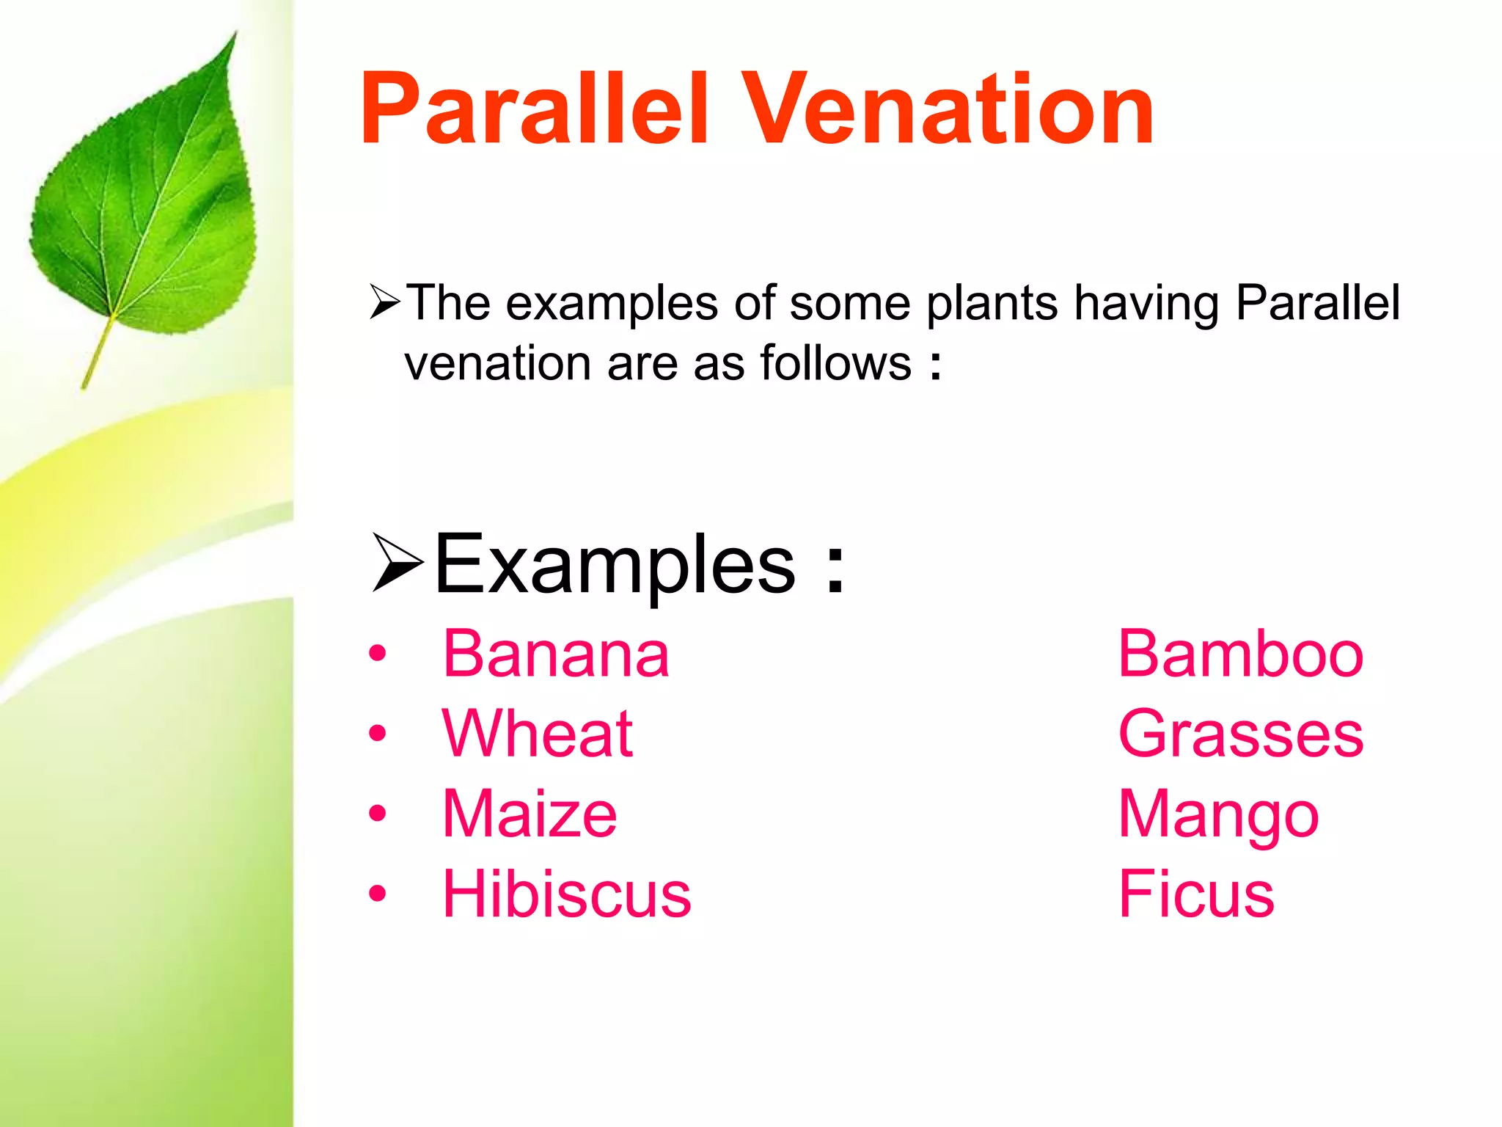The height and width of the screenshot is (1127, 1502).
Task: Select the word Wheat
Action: (538, 734)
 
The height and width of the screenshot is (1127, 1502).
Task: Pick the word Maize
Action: (530, 814)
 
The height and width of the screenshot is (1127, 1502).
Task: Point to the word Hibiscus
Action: (566, 894)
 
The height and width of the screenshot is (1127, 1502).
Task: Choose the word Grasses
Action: (1240, 734)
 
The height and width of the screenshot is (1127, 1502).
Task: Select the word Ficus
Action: (1196, 894)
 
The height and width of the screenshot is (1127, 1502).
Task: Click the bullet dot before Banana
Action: (377, 653)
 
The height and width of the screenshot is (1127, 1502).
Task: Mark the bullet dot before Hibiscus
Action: (377, 894)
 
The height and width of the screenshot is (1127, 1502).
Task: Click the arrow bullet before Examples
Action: (397, 563)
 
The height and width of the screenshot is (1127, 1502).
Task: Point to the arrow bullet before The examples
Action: (385, 302)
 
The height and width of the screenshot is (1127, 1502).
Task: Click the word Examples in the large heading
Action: (615, 565)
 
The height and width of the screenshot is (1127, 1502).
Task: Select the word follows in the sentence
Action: (835, 363)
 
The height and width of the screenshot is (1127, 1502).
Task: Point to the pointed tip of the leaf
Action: (235, 33)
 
